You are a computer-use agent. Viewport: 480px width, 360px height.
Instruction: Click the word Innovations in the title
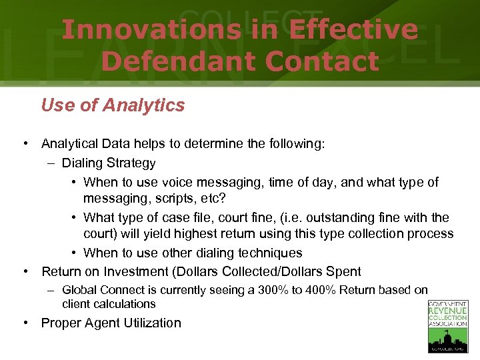click(151, 29)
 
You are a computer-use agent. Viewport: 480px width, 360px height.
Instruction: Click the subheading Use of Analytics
click(113, 105)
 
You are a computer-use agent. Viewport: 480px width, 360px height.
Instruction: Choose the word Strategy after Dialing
click(131, 163)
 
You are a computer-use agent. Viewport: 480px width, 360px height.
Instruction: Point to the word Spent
click(344, 271)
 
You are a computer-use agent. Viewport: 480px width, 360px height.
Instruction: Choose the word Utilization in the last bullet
click(149, 323)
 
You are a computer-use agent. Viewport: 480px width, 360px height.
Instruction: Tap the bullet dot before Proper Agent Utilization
click(25, 323)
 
